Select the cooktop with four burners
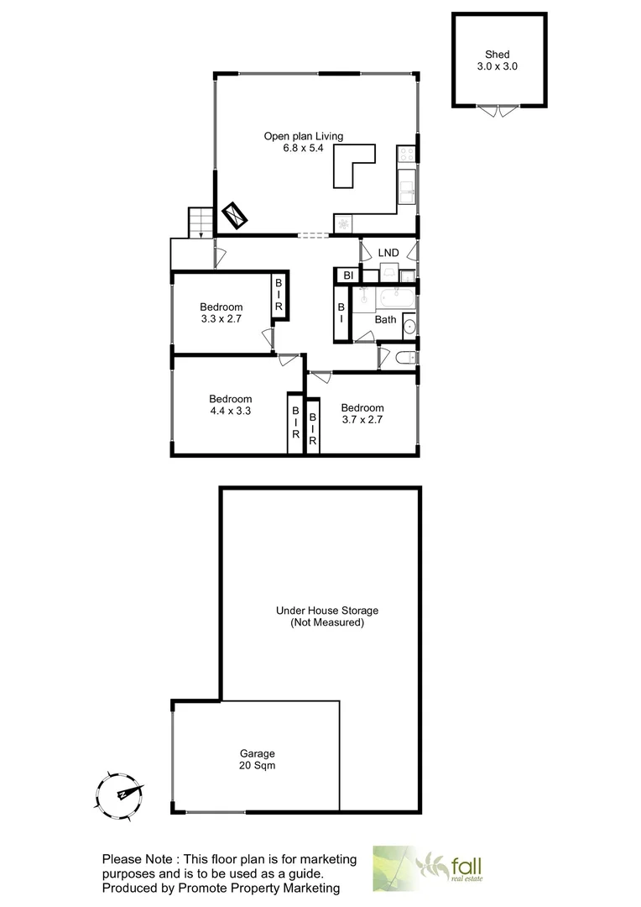406,154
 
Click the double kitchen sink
406,187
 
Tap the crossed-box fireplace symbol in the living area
234,216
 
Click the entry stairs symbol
200,223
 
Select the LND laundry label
388,252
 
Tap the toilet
404,358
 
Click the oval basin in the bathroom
409,327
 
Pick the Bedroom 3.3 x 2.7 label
221,312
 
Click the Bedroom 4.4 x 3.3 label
231,405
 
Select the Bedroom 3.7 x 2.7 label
362,414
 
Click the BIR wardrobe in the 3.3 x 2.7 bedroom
279,296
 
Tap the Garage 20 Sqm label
257,759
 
